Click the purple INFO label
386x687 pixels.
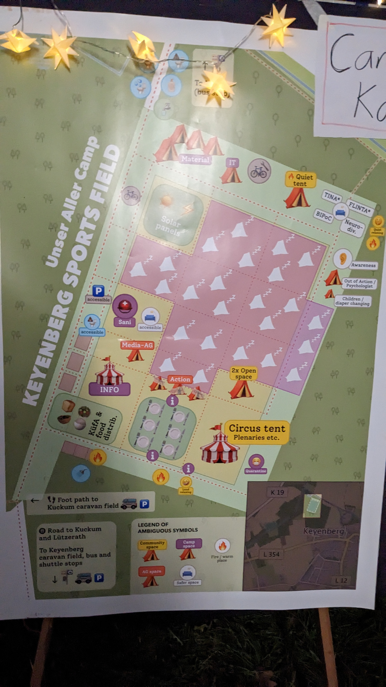click(109, 390)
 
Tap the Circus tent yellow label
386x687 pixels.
click(257, 432)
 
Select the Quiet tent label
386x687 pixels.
click(300, 180)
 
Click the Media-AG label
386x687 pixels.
click(137, 345)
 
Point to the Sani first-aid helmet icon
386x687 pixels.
click(125, 305)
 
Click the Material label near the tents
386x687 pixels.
click(195, 159)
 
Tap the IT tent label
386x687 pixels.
click(232, 163)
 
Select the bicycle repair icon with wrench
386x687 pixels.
click(259, 171)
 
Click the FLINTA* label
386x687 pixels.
click(359, 208)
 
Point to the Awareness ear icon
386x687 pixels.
click(342, 258)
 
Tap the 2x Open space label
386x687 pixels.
click(244, 373)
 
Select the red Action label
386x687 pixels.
click(180, 379)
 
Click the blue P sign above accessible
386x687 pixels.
click(98, 291)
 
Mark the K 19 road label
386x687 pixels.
click(277, 492)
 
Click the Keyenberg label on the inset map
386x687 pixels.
click(324, 531)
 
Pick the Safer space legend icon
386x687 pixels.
click(188, 572)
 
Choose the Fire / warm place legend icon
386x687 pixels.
click(222, 546)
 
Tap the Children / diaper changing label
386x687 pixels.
click(352, 301)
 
